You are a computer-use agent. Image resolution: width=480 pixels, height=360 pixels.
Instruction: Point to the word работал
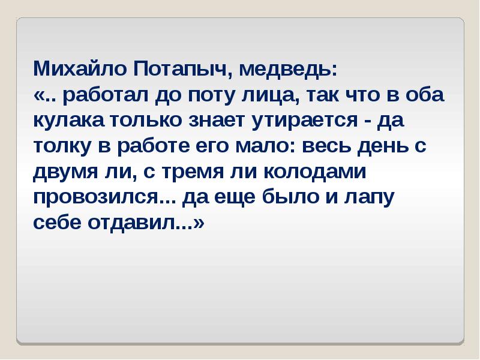click(102, 95)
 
